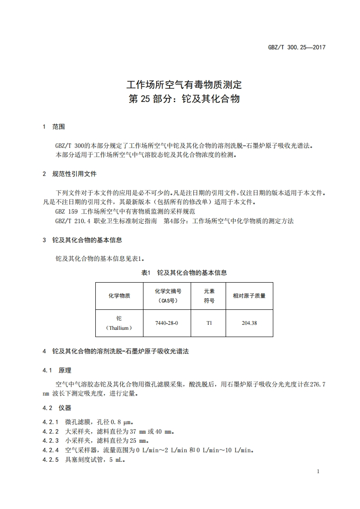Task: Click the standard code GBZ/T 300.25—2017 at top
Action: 297,47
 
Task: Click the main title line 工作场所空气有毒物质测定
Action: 184,85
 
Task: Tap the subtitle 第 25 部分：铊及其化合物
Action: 184,99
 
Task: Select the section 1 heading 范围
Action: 59,127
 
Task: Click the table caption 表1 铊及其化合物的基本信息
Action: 184,273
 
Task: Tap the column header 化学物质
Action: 119,295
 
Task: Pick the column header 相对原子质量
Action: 249,295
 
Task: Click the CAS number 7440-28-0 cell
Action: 167,323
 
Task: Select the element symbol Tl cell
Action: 209,323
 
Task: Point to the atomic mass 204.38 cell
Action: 249,323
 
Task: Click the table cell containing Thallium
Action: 119,323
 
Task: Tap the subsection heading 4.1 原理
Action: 57,371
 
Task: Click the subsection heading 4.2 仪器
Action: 57,408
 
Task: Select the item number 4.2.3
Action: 51,440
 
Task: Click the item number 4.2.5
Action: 51,460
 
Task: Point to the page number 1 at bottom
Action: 318,472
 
